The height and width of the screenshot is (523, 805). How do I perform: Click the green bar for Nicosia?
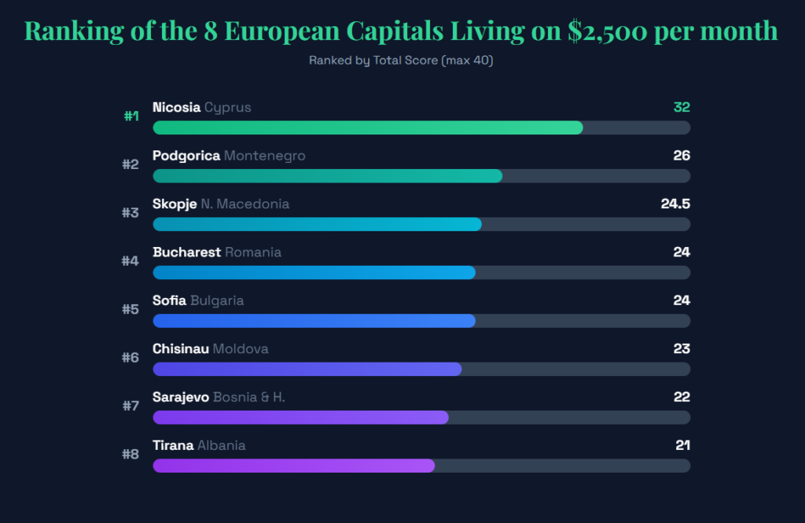(368, 127)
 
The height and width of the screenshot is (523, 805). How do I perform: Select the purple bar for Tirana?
(293, 466)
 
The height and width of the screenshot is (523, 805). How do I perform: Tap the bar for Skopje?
(317, 224)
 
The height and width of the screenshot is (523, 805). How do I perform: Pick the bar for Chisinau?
(307, 369)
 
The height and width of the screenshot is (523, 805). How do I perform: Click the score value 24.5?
(675, 204)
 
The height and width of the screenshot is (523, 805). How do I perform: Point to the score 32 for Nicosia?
(681, 108)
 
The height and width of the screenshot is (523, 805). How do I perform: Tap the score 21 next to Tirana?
(682, 446)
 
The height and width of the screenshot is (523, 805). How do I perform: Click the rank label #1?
(131, 116)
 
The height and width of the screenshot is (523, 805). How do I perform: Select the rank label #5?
(130, 309)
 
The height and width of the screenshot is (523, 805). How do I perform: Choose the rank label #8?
(130, 454)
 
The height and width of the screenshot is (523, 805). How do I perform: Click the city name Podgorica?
(186, 156)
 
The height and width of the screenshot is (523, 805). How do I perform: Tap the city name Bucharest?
(186, 252)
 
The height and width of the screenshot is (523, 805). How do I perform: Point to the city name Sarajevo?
(181, 397)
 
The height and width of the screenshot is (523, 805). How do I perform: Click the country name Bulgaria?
(217, 300)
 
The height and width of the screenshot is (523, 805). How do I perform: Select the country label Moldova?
(241, 349)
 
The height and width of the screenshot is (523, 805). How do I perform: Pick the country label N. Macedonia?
(245, 204)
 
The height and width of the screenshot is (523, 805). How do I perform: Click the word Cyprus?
(228, 108)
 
